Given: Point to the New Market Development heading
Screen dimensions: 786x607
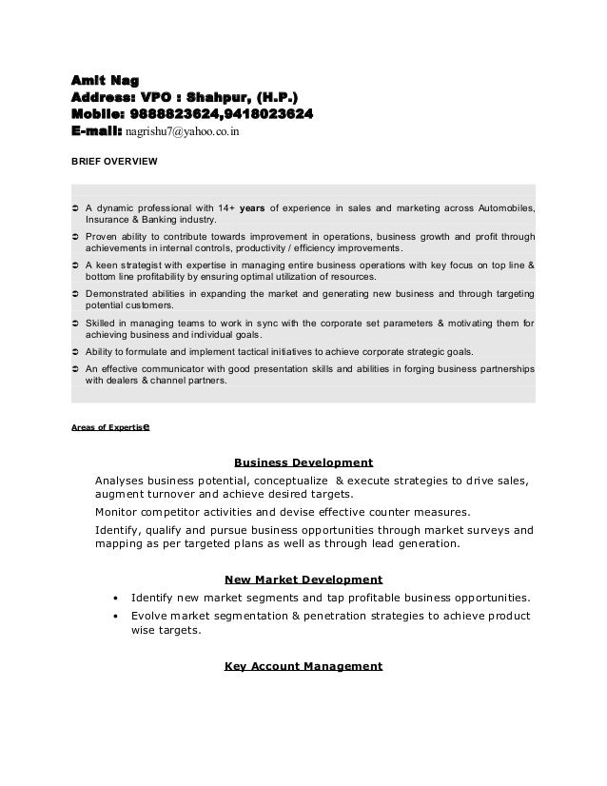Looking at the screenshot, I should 303,578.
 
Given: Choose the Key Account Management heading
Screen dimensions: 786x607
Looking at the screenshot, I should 303,665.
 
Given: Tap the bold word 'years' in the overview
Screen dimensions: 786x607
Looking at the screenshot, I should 252,206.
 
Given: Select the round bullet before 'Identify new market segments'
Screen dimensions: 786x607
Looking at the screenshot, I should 115,599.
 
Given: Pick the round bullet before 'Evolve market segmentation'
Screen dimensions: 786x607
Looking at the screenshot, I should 115,616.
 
